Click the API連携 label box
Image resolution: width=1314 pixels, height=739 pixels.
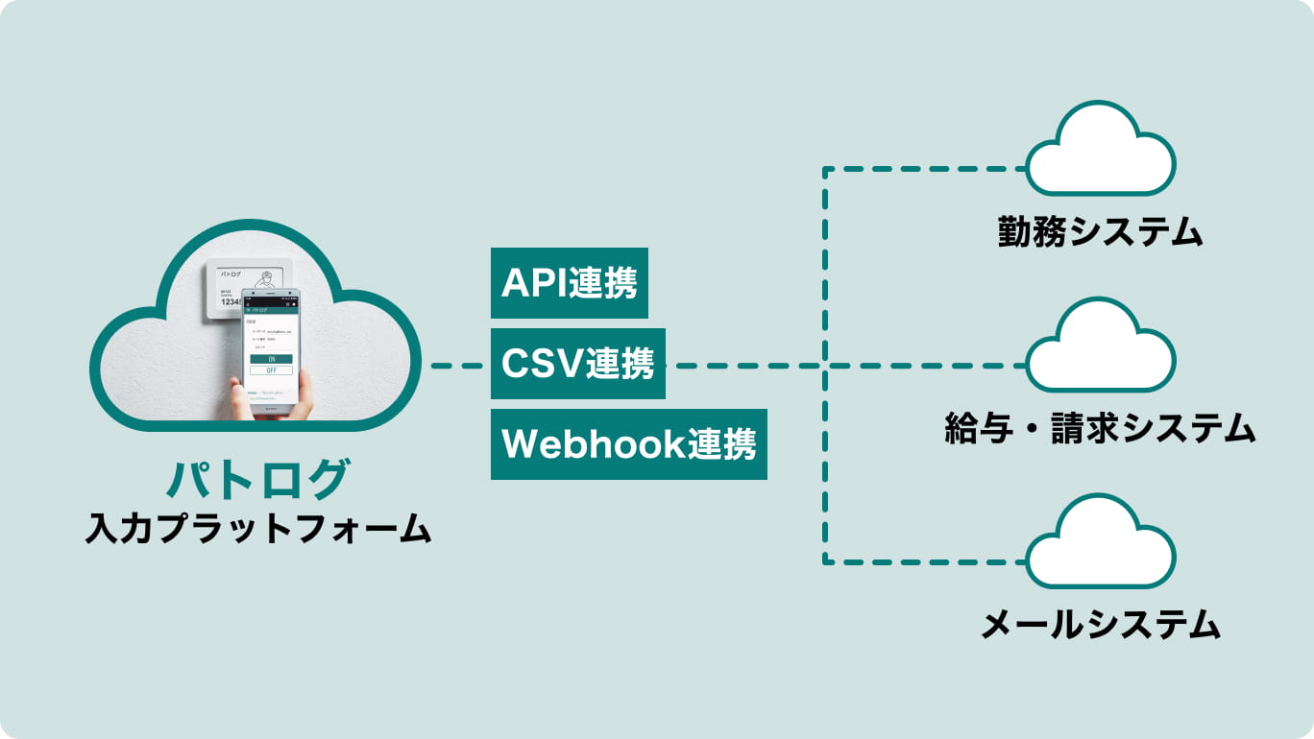tap(569, 283)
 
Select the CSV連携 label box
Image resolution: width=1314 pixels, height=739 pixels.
tap(577, 365)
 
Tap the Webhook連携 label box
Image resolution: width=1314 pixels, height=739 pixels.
tap(628, 444)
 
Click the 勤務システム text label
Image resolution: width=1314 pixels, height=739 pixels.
tap(1100, 232)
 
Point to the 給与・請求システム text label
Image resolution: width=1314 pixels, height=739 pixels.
tap(1100, 428)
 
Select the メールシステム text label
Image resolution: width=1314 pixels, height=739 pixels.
tap(1100, 625)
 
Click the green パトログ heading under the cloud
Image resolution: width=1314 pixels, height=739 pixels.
tap(256, 479)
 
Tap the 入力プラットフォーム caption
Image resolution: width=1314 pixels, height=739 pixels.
tap(256, 529)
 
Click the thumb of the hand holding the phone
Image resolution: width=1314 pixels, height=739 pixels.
tap(237, 393)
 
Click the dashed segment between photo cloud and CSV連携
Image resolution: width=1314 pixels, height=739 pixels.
tap(456, 366)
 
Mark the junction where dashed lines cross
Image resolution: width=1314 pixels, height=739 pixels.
tap(824, 366)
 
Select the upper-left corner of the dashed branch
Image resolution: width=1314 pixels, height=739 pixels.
tap(824, 170)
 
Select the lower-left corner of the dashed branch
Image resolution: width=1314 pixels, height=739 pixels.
tap(824, 561)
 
